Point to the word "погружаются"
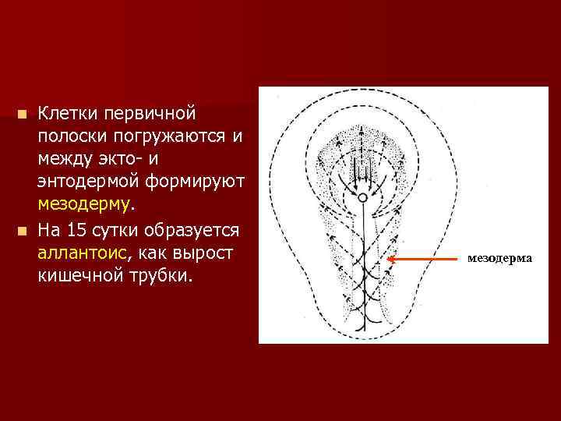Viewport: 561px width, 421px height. [171, 137]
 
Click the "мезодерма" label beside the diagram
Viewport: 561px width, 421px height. [500, 257]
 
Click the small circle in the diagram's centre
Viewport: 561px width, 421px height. [362, 200]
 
